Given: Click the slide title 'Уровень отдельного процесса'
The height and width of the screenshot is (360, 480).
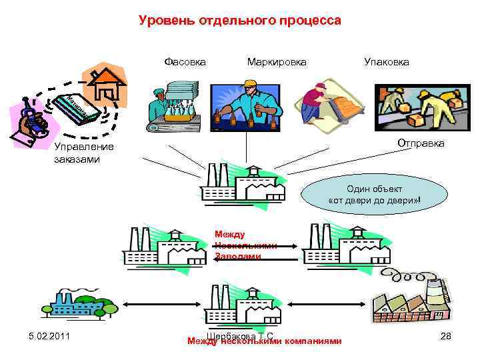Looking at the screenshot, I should tap(240, 21).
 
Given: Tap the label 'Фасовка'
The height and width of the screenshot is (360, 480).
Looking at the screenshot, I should tap(185, 62).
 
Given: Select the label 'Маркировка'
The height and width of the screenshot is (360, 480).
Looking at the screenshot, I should tap(277, 62).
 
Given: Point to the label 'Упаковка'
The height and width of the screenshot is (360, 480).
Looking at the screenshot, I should tap(387, 62).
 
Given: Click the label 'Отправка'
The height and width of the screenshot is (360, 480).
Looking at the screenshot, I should tap(421, 143).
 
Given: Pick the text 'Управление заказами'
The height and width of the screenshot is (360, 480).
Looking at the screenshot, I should tap(84, 153).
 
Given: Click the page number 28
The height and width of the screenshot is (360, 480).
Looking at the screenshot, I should tap(446, 336).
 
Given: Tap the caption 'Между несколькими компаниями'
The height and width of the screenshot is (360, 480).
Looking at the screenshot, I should tap(265, 341).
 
